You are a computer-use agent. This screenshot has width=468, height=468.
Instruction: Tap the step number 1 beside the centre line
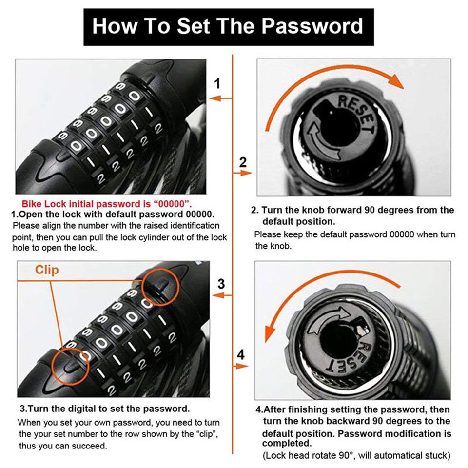pyautogui.click(x=218, y=84)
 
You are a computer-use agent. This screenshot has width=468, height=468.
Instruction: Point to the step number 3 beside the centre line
pyautogui.click(x=221, y=283)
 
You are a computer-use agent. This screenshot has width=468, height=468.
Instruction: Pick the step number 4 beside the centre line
pyautogui.click(x=240, y=354)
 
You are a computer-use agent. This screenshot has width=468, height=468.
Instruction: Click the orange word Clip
pyautogui.click(x=47, y=270)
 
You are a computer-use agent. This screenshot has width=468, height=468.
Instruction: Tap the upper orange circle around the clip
pyautogui.click(x=161, y=286)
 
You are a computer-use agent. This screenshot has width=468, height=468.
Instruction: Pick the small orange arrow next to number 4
pyautogui.click(x=241, y=366)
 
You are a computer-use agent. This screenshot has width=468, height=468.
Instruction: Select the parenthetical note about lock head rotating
pyautogui.click(x=355, y=455)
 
